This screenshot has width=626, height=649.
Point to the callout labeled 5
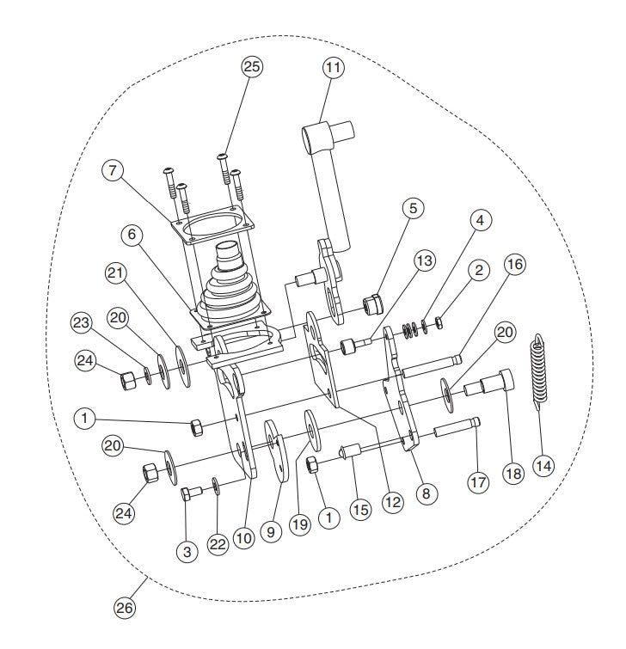(414, 209)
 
